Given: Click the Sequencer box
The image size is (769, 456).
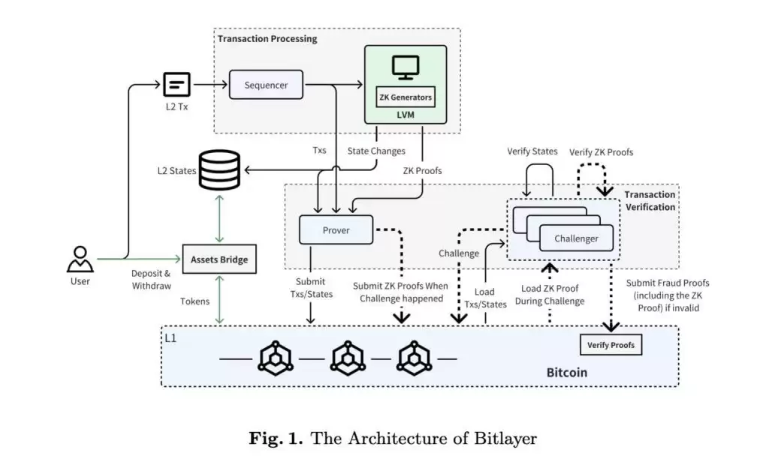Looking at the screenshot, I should point(266,85).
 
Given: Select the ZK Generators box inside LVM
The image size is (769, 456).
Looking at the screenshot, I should point(406,97).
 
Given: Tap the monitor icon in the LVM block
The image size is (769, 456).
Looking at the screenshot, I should point(406,67).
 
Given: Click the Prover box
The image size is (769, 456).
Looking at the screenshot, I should point(336,230).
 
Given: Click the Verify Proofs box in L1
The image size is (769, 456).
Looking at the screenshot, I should point(611,345).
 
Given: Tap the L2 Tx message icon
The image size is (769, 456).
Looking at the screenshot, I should point(177,84).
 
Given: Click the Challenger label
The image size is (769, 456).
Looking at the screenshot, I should point(576,238).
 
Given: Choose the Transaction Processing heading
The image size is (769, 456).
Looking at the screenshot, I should point(267,39).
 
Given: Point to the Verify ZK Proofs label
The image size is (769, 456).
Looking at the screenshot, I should point(601,152).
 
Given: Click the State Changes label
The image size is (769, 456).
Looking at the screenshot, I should point(376,151).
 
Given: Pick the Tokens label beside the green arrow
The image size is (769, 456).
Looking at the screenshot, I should point(194,301).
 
